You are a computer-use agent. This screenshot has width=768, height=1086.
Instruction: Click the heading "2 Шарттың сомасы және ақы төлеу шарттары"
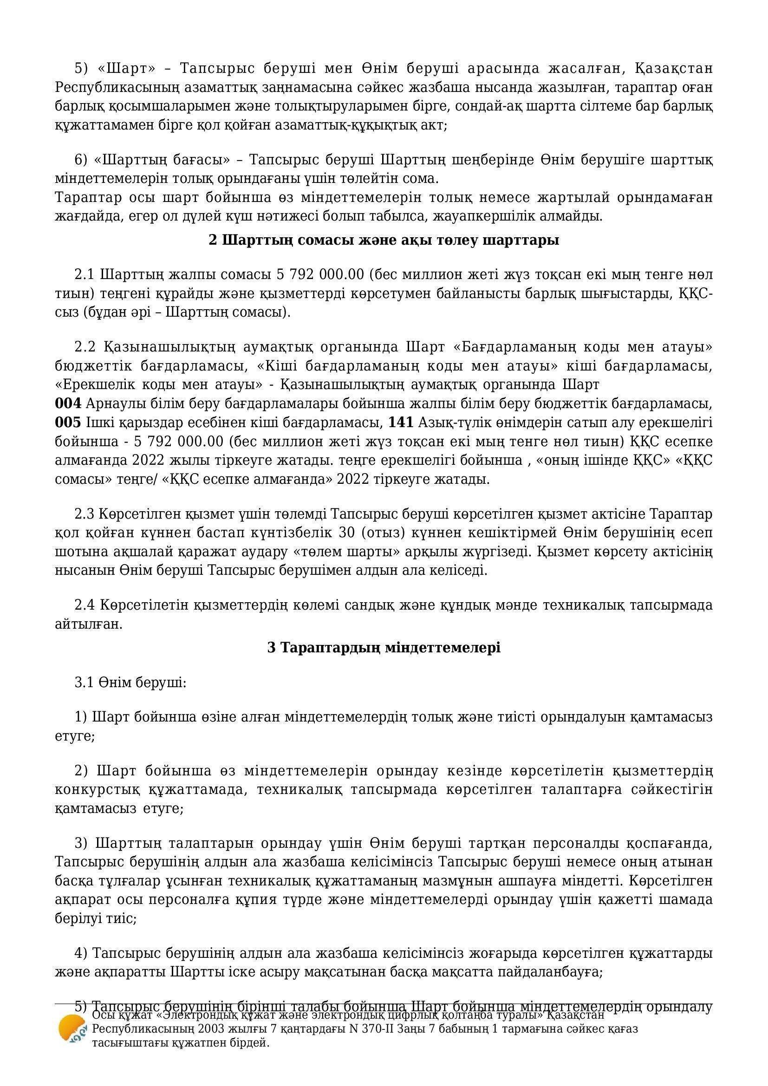pyautogui.click(x=384, y=241)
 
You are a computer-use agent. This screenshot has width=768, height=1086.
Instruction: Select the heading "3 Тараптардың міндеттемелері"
pyautogui.click(x=384, y=648)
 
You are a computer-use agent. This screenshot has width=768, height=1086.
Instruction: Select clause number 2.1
pyautogui.click(x=85, y=275)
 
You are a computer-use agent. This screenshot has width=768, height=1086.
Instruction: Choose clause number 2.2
pyautogui.click(x=85, y=347)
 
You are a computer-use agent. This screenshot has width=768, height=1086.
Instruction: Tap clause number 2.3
pyautogui.click(x=85, y=514)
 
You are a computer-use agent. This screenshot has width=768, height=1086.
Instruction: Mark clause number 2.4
pyautogui.click(x=85, y=605)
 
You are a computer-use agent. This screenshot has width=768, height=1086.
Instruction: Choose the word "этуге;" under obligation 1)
pyautogui.click(x=75, y=736)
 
